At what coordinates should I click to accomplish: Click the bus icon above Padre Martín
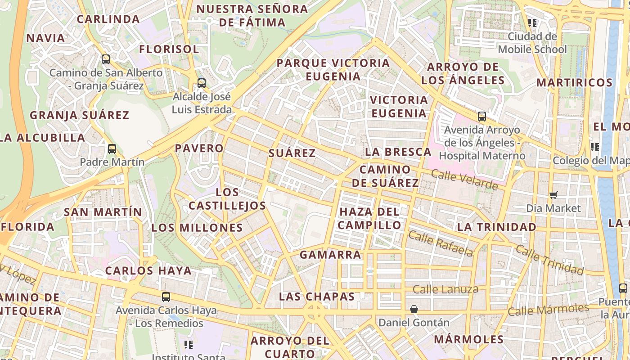(112, 148)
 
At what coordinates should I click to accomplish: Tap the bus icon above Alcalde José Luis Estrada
(201, 83)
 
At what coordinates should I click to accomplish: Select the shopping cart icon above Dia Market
(553, 195)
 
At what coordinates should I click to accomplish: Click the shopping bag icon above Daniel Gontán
(414, 309)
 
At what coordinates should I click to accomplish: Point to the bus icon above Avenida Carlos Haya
(166, 297)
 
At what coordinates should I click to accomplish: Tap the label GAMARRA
(330, 255)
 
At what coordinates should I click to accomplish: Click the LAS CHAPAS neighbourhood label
(317, 297)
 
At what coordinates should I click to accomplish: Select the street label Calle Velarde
(464, 180)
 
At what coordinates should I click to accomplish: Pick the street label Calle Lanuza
(445, 289)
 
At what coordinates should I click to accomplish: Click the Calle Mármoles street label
(548, 310)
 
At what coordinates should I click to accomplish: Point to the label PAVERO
(199, 148)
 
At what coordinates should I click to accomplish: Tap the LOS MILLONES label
(197, 228)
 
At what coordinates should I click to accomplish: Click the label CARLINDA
(108, 19)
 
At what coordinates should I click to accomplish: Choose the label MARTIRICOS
(574, 83)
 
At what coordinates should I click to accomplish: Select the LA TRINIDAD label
(496, 227)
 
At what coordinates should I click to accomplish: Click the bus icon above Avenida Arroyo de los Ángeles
(481, 117)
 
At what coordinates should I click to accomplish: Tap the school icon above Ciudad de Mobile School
(532, 22)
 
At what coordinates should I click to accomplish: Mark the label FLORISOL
(169, 49)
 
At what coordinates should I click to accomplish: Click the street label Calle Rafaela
(441, 243)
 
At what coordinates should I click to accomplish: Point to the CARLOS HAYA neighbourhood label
(148, 271)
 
